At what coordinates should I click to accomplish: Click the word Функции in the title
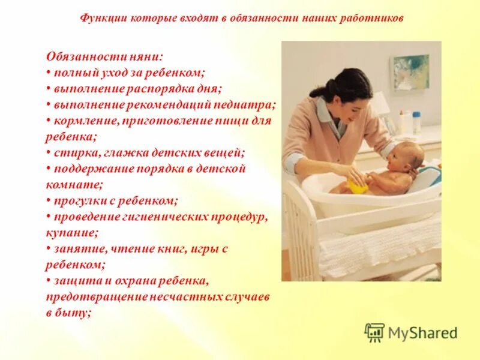point(100,18)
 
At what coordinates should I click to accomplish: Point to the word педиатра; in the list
point(247,104)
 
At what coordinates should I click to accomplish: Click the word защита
point(71,281)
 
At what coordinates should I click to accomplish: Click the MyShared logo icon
point(374,332)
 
